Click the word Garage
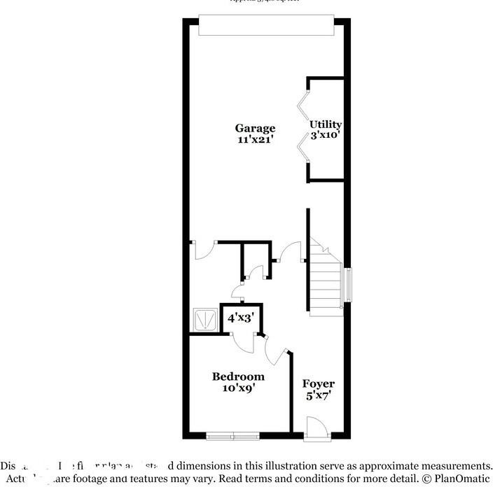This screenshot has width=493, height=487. pyautogui.click(x=254, y=128)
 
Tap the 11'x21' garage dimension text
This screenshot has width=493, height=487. pyautogui.click(x=254, y=139)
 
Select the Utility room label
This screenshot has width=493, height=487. pyautogui.click(x=326, y=125)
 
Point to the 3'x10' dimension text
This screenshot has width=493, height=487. pyautogui.click(x=326, y=135)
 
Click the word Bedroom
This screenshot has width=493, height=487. pyautogui.click(x=238, y=376)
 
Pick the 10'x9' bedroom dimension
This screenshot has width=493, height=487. pyautogui.click(x=238, y=388)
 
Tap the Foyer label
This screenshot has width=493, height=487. pyautogui.click(x=318, y=384)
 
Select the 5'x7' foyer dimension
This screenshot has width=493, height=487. pyautogui.click(x=318, y=395)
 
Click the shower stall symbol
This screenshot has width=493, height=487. pyautogui.click(x=205, y=320)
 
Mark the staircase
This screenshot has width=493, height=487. pyautogui.click(x=326, y=280)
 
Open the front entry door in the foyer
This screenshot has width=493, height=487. pyautogui.click(x=314, y=428)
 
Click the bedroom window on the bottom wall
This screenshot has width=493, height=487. pyautogui.click(x=232, y=437)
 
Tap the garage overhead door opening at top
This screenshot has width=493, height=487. pyautogui.click(x=265, y=25)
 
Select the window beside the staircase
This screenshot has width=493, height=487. pyautogui.click(x=348, y=285)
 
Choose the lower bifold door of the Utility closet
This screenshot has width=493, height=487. pyautogui.click(x=303, y=148)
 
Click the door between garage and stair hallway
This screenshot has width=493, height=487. pyautogui.click(x=290, y=251)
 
